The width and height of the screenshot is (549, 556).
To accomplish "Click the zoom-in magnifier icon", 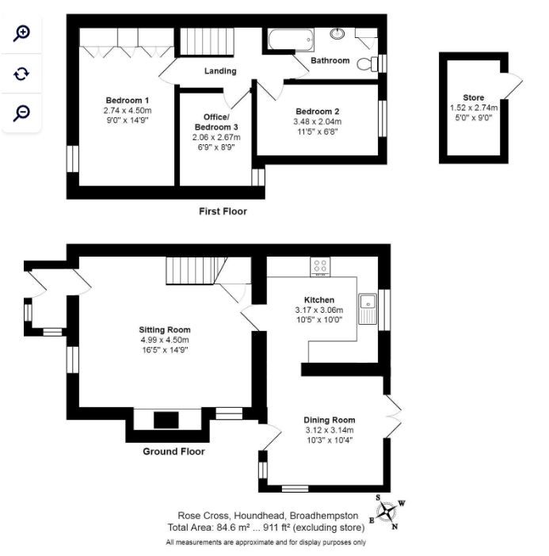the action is [x=21, y=33].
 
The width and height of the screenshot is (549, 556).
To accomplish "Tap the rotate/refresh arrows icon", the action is [x=21, y=74].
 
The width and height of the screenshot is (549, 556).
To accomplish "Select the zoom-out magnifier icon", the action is [x=21, y=113].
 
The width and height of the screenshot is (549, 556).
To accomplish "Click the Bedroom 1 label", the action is [x=128, y=101].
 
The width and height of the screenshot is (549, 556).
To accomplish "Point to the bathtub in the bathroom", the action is [x=292, y=40].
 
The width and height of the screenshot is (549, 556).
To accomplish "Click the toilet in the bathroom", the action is [x=368, y=64].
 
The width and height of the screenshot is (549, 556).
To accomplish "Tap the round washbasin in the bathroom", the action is [x=337, y=34].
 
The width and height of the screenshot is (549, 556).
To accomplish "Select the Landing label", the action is [x=220, y=71].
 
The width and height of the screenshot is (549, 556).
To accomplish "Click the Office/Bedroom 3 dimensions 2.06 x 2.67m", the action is [x=216, y=137].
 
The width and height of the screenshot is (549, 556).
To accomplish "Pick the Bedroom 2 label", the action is [x=318, y=112].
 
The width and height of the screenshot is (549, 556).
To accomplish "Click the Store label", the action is [x=474, y=97].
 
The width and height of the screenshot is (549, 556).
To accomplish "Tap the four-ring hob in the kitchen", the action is [x=320, y=267].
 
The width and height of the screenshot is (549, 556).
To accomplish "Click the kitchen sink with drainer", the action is [x=368, y=309].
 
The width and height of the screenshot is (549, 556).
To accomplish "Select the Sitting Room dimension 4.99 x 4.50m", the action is [x=165, y=340].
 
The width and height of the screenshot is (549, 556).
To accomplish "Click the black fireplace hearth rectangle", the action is [x=166, y=421].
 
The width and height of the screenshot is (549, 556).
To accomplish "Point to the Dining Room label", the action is [x=330, y=421].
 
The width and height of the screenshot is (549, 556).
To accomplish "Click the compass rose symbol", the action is [x=387, y=512].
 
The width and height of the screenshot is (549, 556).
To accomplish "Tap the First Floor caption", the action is [x=223, y=211].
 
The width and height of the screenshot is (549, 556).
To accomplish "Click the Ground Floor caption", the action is [x=173, y=451].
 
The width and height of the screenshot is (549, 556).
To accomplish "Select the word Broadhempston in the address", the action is [x=324, y=516].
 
